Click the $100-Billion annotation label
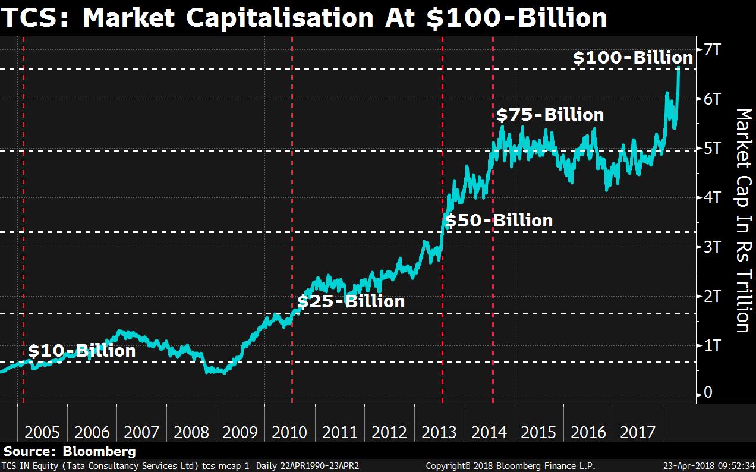[632, 58]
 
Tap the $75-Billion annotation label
[550, 114]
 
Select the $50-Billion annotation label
[499, 221]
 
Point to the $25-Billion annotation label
[351, 301]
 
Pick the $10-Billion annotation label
[81, 351]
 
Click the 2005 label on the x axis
[42, 432]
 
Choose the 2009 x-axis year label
[241, 432]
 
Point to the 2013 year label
[439, 432]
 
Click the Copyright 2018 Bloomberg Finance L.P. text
[510, 466]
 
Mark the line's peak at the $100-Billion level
[678, 68]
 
